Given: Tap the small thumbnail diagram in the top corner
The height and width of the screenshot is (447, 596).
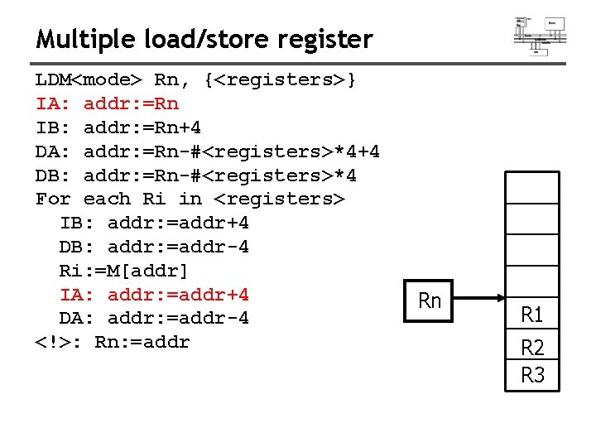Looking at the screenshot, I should [x=540, y=36].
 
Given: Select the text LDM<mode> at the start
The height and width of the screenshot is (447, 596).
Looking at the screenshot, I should [x=89, y=80].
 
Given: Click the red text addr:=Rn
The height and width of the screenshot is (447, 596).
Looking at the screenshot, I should [x=131, y=104].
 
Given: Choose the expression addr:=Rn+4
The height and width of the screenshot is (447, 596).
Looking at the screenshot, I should [x=142, y=128].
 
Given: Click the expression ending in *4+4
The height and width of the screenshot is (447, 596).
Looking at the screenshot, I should [x=232, y=152].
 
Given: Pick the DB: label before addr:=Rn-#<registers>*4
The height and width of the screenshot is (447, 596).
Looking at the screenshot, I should [x=53, y=175].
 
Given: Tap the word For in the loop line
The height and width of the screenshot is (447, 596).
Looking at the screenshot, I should [x=53, y=199].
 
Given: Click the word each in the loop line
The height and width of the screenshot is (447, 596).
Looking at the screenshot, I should [x=107, y=199].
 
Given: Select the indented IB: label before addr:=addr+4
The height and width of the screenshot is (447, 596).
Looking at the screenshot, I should [x=77, y=223].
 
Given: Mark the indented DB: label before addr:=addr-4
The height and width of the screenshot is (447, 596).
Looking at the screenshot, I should [x=77, y=248].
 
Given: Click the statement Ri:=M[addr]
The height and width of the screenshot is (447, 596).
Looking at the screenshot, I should [x=124, y=271].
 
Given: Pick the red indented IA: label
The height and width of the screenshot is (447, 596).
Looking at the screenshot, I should [x=77, y=295].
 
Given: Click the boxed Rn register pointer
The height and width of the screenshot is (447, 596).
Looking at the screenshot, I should [x=429, y=300].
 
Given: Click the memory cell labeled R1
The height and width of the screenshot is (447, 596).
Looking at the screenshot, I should [x=532, y=315].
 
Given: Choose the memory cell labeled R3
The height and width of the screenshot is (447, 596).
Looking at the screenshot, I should [x=532, y=375].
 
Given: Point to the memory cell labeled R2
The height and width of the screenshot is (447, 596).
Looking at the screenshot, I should [x=532, y=347].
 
